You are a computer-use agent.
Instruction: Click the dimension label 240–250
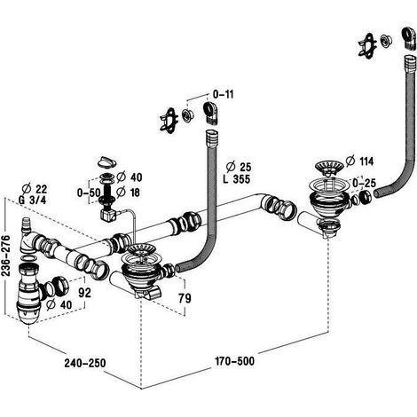[x=85, y=363]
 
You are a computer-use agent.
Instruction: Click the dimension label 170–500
[x=234, y=361]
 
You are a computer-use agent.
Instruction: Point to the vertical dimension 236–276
[x=5, y=256]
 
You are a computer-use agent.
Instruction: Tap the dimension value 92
[x=84, y=293]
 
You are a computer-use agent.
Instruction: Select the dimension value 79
[x=185, y=298]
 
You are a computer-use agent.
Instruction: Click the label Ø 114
[x=359, y=161]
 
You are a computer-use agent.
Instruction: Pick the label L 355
[x=236, y=179]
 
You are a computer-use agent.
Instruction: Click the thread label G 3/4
[x=32, y=200]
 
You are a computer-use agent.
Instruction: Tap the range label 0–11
[x=224, y=95]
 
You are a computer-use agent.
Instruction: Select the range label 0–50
[x=89, y=193]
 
